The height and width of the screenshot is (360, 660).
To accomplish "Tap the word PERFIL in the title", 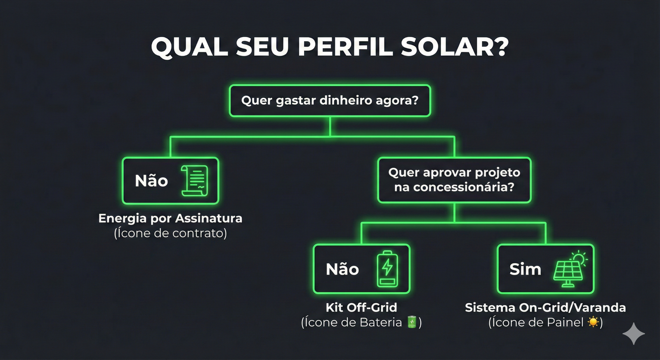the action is point(345,47).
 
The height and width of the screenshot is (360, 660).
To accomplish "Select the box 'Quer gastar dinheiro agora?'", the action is point(330,101).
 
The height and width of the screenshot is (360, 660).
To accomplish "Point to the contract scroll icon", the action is point(194,181).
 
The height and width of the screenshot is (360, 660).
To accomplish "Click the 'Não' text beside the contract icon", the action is point(151,181).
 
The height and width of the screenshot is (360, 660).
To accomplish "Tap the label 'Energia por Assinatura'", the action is point(170,219).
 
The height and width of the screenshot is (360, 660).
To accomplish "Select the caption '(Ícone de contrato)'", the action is point(170,233).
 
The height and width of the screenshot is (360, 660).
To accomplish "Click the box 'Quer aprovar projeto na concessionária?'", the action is point(454,180).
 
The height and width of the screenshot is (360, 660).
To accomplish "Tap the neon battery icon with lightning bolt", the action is point(387,269).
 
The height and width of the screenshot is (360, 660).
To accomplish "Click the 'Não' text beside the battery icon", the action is point(342,269).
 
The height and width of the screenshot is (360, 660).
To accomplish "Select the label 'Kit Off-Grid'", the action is point(361,308).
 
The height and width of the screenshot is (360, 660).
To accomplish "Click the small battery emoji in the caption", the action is point(412,322).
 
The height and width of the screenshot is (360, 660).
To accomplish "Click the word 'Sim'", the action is point(525,269).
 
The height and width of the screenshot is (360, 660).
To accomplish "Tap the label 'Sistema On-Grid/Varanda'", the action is point(545,308).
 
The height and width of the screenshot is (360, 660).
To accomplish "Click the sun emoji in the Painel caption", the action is point(593,322).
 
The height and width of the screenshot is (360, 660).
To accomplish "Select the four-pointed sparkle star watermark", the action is point(634,334).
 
